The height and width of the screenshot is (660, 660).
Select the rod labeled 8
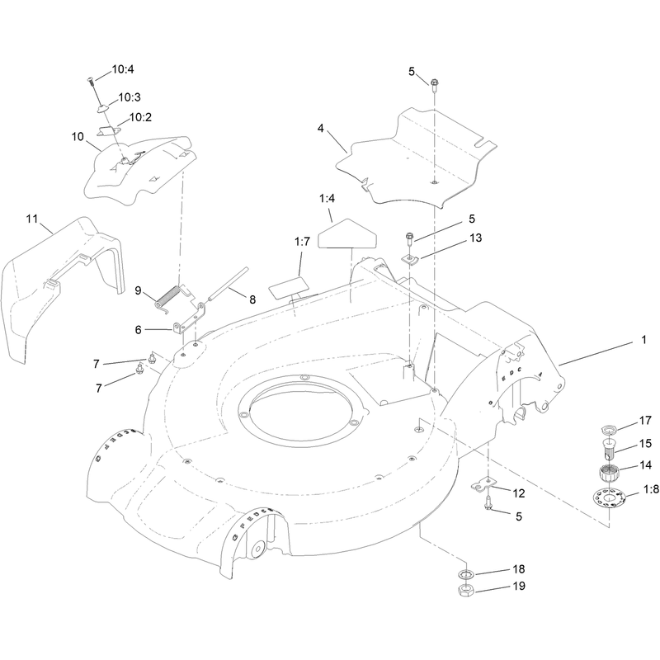click(x=228, y=284)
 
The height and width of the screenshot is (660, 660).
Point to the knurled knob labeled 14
click(x=609, y=473)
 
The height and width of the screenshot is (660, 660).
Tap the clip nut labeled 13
click(x=409, y=259)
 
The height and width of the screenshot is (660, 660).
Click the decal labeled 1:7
click(x=290, y=287)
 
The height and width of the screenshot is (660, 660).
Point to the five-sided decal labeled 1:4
click(x=347, y=234)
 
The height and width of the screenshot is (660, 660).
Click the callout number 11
click(x=32, y=219)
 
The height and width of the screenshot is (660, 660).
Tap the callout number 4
click(x=321, y=129)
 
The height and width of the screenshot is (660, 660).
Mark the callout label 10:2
click(x=140, y=117)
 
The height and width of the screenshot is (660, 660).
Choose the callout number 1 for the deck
click(x=643, y=339)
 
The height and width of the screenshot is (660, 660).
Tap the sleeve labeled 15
click(x=609, y=450)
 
